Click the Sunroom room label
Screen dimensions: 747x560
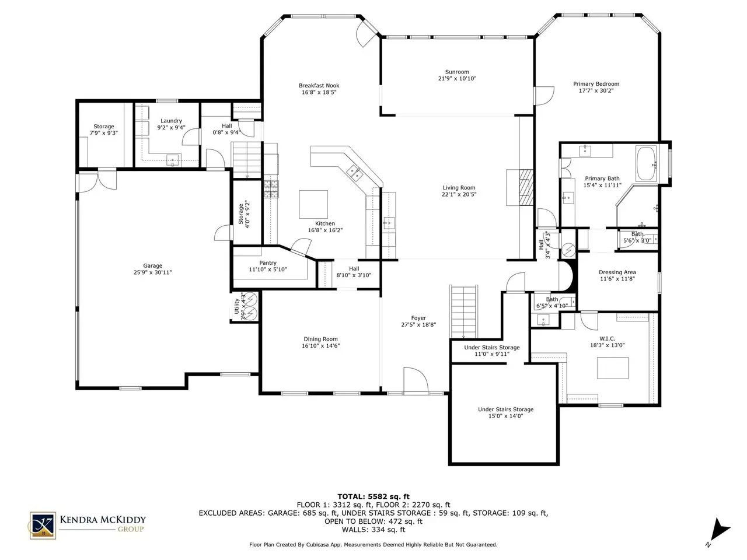coord(457,72)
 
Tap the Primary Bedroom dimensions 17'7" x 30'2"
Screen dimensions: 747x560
coord(596,91)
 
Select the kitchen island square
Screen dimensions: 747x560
coord(313,204)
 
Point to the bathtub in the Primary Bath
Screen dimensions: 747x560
coord(645,163)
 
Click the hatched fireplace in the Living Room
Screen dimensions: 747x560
coord(526,187)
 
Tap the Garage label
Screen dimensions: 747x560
coord(152,266)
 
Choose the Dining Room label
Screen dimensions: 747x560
coord(320,339)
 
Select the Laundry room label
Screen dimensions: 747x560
coord(171,121)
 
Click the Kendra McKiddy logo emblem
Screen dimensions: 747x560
coord(43,526)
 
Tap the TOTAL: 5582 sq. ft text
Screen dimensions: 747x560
coord(373,497)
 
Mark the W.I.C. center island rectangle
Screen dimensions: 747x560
coord(613,368)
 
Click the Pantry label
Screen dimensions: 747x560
coord(267,263)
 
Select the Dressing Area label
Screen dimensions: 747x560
coord(617,272)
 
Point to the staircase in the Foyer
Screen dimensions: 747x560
coord(463,311)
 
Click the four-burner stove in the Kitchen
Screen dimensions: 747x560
coord(271,189)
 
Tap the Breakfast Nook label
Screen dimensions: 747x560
coord(319,86)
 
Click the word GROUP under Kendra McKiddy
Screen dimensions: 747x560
coord(131,529)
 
